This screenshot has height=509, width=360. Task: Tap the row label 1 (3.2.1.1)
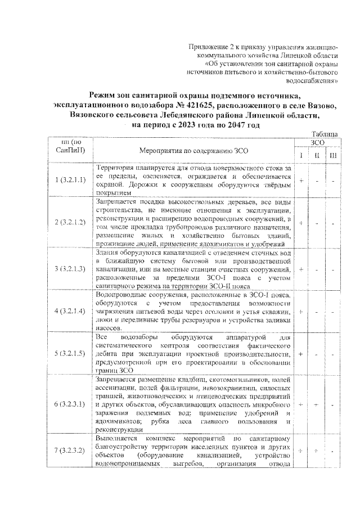pos(70,180)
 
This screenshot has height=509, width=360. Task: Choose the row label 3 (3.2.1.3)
pos(70,269)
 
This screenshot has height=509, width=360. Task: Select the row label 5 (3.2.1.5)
pos(70,354)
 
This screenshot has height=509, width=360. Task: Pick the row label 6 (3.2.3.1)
pos(70,404)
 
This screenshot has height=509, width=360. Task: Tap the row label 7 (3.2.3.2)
pos(70,451)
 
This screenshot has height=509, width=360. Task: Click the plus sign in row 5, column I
pos(301,354)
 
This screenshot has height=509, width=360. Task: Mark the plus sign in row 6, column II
pos(318,404)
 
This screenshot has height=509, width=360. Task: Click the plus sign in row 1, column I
pos(301,180)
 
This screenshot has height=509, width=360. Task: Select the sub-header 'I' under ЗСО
pos(301,155)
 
